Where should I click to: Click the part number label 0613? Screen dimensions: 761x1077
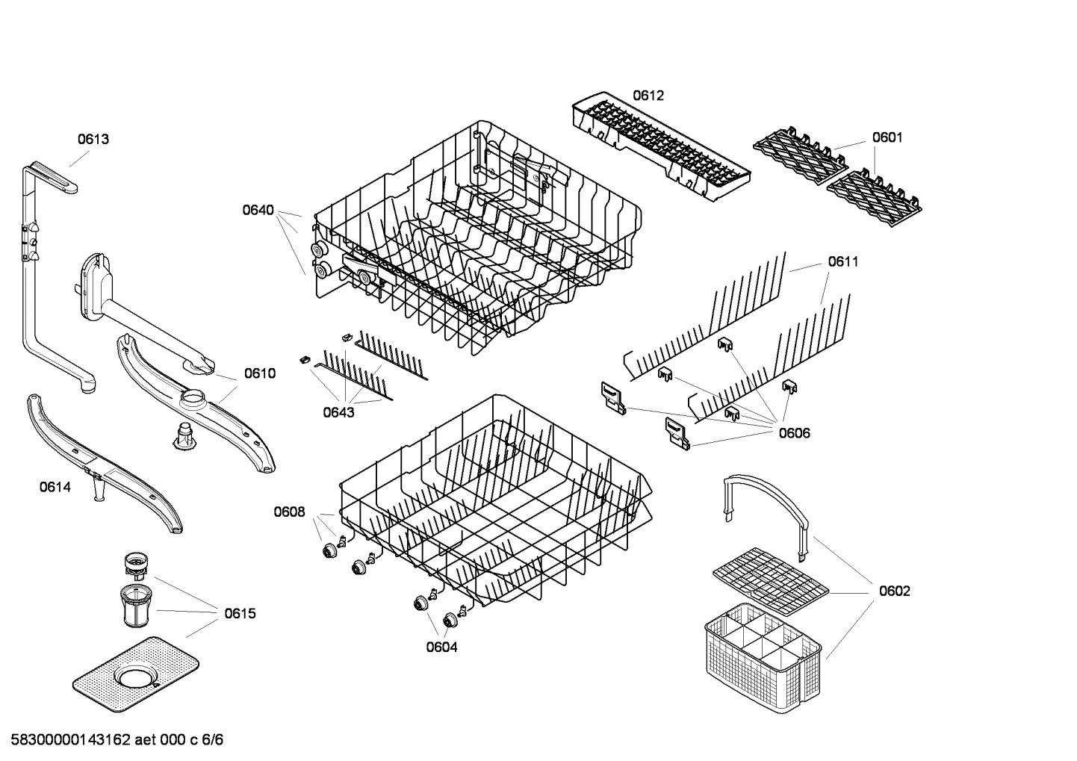93,139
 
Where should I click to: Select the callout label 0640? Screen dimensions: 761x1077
258,210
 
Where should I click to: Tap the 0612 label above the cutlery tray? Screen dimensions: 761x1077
648,96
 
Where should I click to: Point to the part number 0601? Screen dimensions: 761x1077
887,137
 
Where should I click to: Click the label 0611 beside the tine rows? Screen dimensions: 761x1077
842,261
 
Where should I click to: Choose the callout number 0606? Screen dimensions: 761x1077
794,433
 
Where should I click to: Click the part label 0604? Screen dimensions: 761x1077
441,647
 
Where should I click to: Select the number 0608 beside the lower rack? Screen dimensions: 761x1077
289,512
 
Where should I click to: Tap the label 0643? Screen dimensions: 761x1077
338,411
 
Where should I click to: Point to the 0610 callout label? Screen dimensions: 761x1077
260,373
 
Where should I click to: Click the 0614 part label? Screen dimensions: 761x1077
55,488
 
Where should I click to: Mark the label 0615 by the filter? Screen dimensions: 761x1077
240,614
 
